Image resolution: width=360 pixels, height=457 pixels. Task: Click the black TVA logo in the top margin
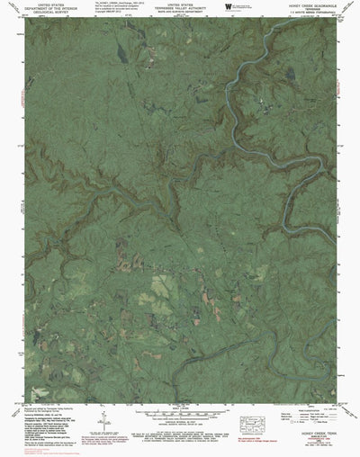229,5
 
